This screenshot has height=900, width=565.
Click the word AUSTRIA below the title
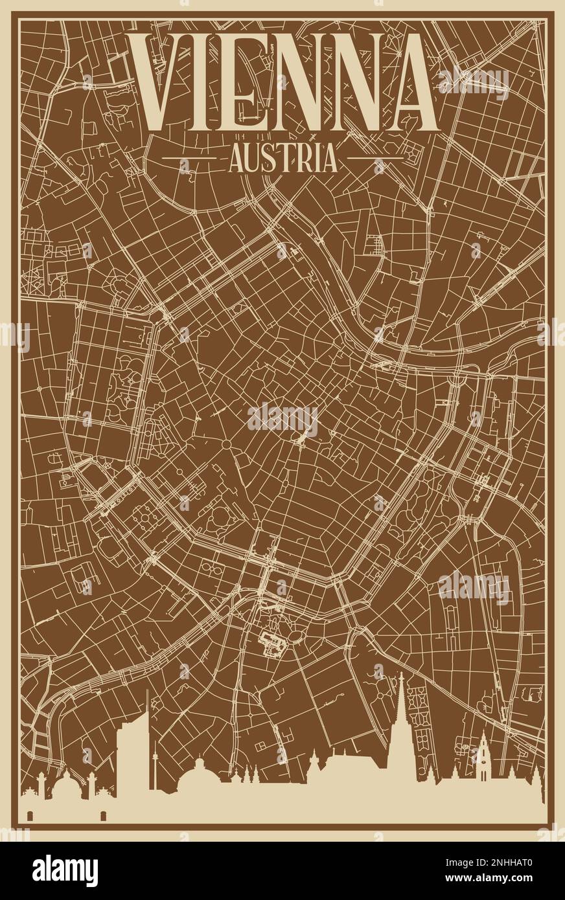click(283, 159)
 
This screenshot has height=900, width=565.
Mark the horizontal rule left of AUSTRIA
click(189, 157)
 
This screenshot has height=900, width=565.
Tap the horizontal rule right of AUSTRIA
click(376, 157)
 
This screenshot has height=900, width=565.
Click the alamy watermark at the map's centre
click(282, 420)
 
